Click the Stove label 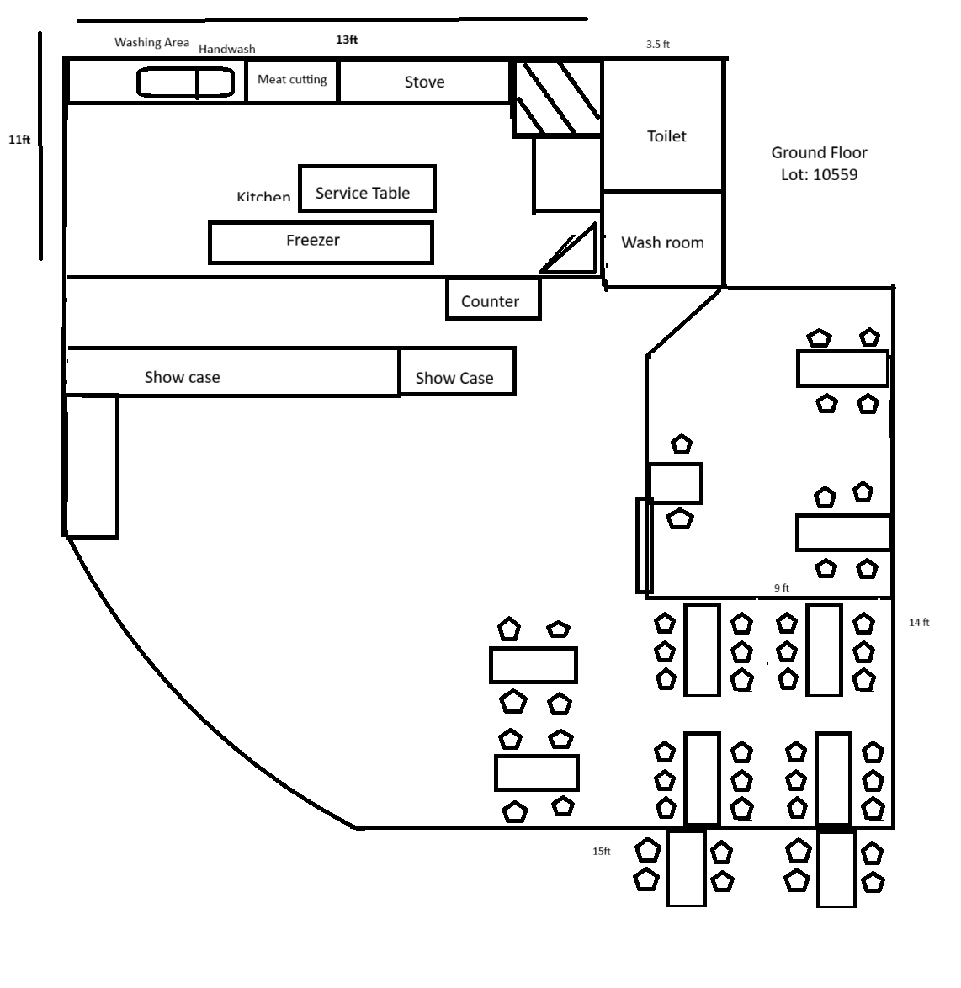click(424, 82)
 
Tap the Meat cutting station click(292, 80)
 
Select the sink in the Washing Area click(185, 82)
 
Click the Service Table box click(367, 189)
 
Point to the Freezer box click(321, 242)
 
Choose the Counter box click(492, 300)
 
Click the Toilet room click(663, 126)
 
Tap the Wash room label click(662, 242)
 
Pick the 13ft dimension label click(347, 40)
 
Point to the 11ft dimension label click(19, 140)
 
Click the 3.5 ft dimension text click(657, 45)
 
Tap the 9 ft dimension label click(782, 587)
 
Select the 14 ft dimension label click(919, 623)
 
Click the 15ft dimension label click(601, 852)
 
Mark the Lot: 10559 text click(819, 175)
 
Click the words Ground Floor click(819, 152)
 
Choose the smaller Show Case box click(457, 372)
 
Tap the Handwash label click(226, 49)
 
